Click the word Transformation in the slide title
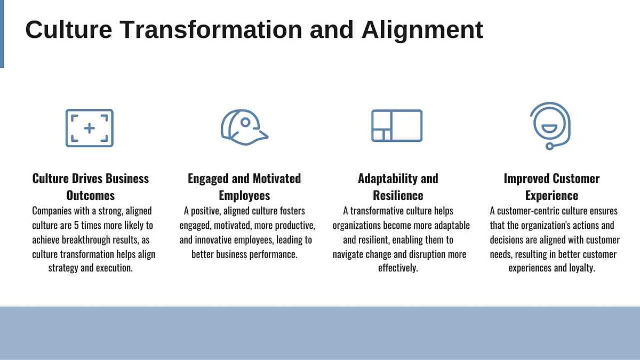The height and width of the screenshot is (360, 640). (211, 29)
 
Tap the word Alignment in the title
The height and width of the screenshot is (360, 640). (422, 30)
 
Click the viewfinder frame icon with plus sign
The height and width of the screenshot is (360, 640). (90, 128)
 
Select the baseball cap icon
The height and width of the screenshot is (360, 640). (244, 127)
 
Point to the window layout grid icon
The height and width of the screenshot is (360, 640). (397, 126)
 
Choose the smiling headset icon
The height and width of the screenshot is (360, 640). (550, 126)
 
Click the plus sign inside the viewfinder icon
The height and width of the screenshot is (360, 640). (90, 128)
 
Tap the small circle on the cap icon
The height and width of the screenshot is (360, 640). (245, 122)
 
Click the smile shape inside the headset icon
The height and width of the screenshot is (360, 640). (549, 129)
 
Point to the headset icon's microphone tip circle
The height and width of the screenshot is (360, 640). (549, 146)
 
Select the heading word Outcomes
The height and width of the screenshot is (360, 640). (90, 196)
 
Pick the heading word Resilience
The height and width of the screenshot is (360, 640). (398, 196)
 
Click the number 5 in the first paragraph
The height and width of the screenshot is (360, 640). (76, 225)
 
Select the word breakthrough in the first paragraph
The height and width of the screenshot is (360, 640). (86, 239)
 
